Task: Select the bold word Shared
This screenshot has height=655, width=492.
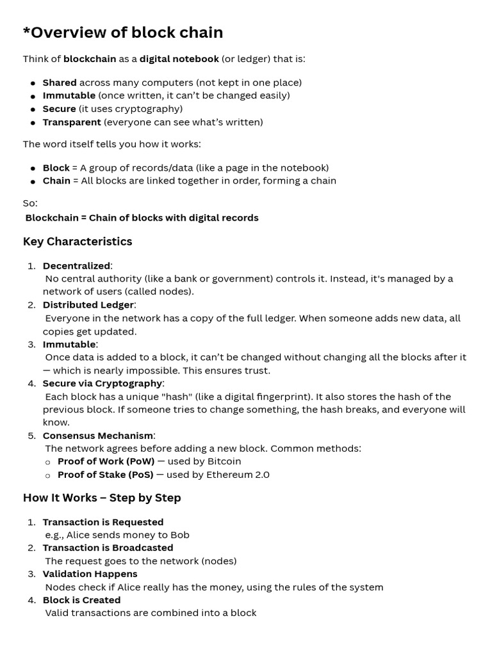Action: (x=60, y=83)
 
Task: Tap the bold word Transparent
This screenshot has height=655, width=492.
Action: (x=72, y=122)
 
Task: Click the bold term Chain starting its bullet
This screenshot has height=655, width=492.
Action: (x=56, y=180)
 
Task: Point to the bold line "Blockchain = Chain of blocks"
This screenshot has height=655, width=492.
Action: (x=142, y=217)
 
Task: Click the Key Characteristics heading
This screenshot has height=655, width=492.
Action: (x=78, y=241)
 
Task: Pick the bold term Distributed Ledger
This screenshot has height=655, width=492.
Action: (x=88, y=304)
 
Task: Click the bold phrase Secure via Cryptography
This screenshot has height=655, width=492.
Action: (x=102, y=383)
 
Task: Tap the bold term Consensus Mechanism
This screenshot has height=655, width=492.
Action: (x=98, y=436)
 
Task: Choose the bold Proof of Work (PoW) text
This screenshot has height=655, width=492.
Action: (x=106, y=461)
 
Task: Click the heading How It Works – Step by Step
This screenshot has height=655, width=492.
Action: (x=102, y=498)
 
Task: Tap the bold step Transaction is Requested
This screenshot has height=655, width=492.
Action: (x=103, y=522)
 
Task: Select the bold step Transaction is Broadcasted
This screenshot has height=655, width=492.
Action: (x=108, y=548)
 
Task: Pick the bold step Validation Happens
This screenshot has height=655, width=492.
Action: (x=90, y=574)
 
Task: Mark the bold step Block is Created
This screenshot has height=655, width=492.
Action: (x=81, y=600)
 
